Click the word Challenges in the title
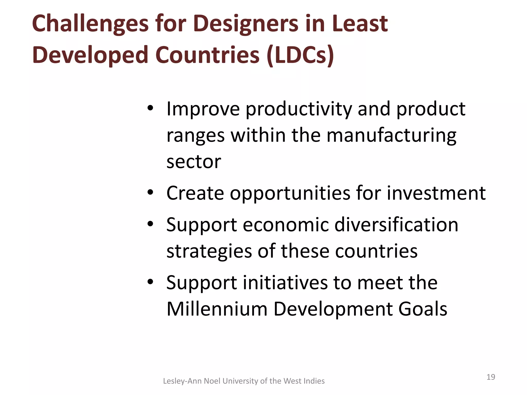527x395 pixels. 90,24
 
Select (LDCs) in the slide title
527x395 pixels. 300,55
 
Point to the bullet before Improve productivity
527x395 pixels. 151,108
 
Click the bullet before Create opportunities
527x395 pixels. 151,192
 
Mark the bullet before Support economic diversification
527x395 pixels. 151,224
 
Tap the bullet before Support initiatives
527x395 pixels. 151,282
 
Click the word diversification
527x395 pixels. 396,225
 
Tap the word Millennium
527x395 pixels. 217,309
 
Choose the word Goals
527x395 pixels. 423,309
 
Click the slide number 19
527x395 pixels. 491,377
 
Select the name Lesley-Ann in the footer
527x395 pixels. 182,381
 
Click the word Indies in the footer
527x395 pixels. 314,381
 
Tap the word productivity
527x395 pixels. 298,109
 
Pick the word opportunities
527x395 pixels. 290,193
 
